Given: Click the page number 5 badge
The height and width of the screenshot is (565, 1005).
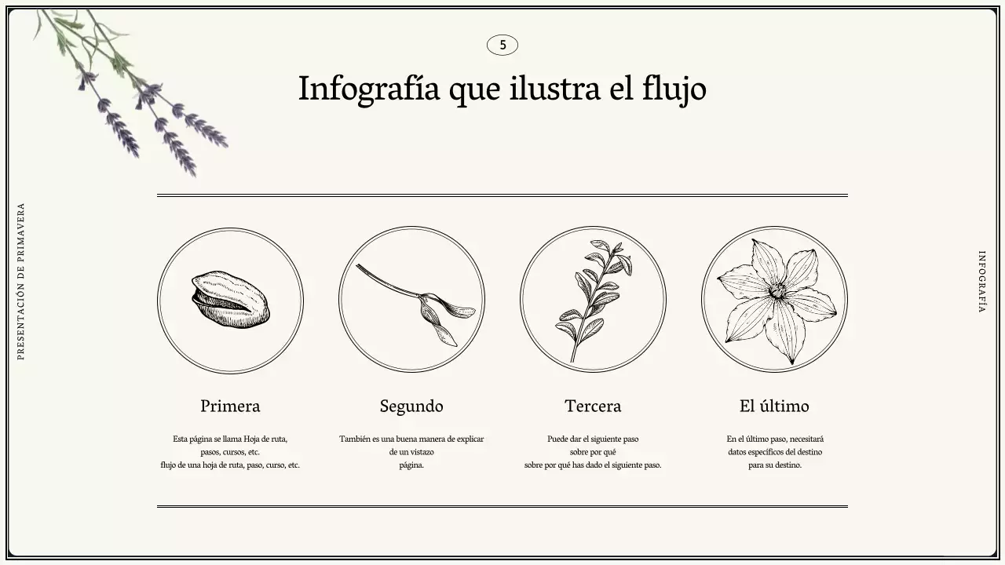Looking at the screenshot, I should pos(502,46).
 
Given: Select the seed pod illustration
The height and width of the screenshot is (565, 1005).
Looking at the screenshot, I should pos(230,300).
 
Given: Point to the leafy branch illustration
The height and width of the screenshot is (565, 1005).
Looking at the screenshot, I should pos(594,299).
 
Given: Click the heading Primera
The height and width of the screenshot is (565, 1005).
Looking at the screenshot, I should pos(230,406).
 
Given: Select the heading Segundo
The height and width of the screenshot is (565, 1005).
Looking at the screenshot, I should pos(411,406).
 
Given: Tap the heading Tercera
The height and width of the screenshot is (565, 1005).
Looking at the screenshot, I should pos(593,406).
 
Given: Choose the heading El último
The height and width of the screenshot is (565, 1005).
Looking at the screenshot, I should pos(774,406).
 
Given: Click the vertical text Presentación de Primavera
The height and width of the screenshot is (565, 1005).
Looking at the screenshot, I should pos(21,282).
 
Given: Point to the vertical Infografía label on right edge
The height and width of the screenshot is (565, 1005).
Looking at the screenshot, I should pos(981,282).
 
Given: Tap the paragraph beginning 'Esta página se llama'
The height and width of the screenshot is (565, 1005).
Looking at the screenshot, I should pos(230,452).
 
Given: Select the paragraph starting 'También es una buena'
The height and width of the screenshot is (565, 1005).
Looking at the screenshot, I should pos(411,452).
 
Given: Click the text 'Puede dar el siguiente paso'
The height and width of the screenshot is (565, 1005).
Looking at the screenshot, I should pos(593,439).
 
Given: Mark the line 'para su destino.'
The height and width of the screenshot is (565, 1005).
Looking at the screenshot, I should pos(775,465).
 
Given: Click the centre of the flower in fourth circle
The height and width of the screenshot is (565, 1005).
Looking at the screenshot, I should pos(777,291).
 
